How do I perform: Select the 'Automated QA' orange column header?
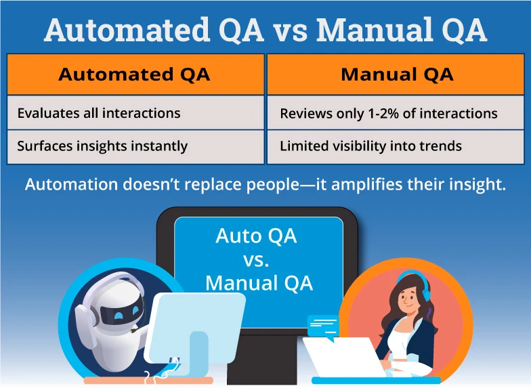(x=135, y=74)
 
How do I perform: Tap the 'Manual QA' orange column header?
(x=397, y=74)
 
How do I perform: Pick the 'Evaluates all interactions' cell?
(x=135, y=112)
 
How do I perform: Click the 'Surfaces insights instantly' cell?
(x=135, y=146)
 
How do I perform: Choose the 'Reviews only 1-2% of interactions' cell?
(x=397, y=113)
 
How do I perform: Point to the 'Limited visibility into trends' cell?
(x=397, y=146)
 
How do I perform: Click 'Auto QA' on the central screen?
(x=256, y=236)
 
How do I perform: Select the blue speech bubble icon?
(x=322, y=326)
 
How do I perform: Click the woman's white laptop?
(x=345, y=358)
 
